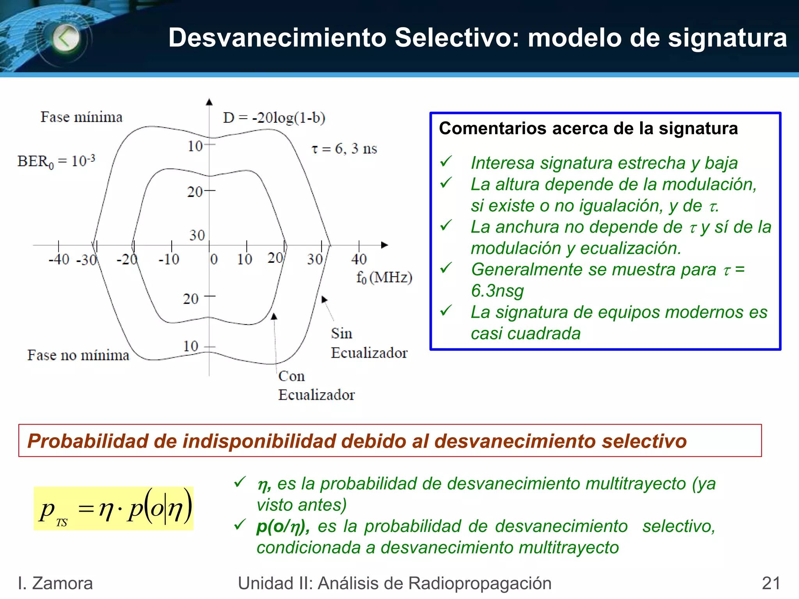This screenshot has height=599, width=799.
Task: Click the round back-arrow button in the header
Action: (66, 38)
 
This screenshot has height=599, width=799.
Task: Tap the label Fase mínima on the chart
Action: (82, 117)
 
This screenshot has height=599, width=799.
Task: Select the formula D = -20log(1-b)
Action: (274, 117)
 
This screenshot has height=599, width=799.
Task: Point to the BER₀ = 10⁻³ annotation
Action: (56, 161)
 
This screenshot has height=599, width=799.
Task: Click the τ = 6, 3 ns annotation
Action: (344, 149)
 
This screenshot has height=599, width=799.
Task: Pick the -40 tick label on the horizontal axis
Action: (59, 259)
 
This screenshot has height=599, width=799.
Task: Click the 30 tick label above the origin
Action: (197, 235)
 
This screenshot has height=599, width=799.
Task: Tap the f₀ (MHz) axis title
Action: (384, 277)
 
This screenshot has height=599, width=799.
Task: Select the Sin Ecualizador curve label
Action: (369, 343)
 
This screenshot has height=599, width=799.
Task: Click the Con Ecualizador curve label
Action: (316, 385)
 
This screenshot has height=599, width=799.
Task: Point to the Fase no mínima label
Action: (78, 355)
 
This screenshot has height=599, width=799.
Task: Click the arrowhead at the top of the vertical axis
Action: (209, 102)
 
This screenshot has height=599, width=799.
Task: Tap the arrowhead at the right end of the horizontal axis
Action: (385, 245)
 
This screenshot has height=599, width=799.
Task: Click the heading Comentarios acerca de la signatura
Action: (588, 129)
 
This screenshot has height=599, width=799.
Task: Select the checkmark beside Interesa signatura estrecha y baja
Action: (446, 161)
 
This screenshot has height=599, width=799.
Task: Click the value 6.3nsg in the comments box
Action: (497, 291)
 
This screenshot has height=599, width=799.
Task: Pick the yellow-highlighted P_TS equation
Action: (114, 508)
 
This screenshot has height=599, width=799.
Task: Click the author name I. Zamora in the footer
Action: (55, 583)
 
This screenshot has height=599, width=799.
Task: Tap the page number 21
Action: (771, 583)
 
